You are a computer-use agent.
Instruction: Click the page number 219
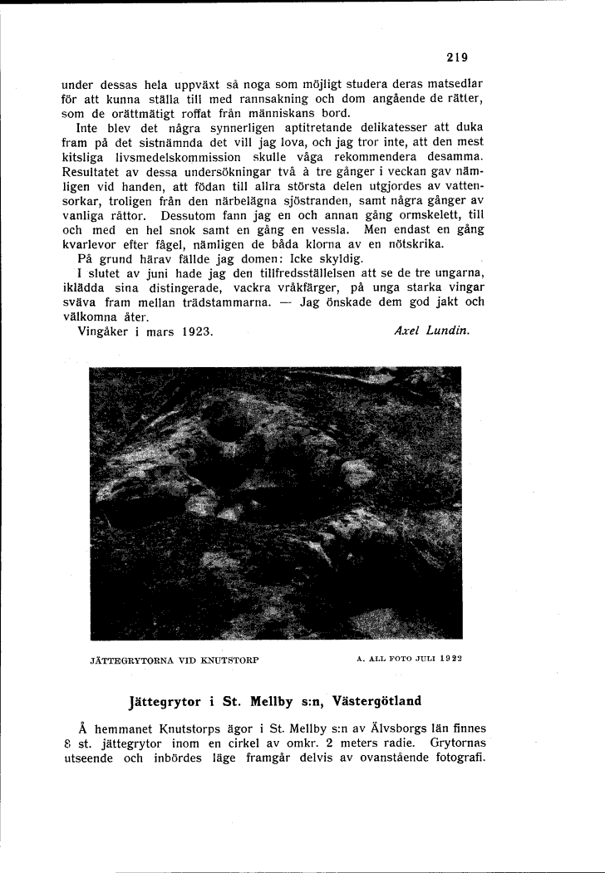coord(456,57)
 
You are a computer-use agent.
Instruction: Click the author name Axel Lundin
coord(430,330)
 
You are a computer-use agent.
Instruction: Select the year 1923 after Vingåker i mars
coord(195,330)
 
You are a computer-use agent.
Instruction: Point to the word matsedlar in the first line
coord(455,85)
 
